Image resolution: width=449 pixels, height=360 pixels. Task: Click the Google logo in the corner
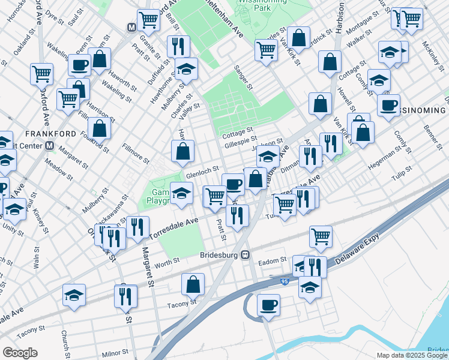(x=20, y=353)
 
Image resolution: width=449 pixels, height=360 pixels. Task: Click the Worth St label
(x=167, y=262)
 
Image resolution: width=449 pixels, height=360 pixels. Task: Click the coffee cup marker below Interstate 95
(x=268, y=305)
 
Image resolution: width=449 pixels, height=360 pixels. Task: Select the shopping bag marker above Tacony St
(x=193, y=284)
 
